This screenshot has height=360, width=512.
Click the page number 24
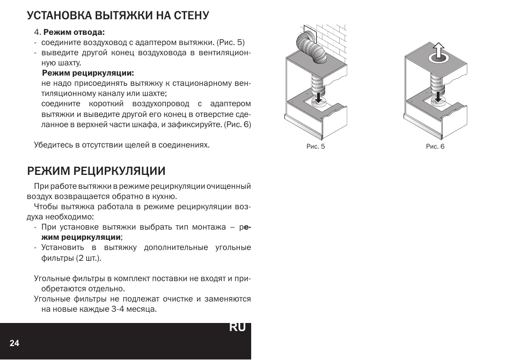pos(14,343)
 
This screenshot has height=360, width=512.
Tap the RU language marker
pos(237,327)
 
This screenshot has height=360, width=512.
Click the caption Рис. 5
pos(316,146)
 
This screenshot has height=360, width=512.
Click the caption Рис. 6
pos(435,146)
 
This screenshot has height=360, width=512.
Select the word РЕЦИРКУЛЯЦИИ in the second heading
pos(119,171)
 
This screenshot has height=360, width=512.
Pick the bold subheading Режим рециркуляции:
pos(88,73)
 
